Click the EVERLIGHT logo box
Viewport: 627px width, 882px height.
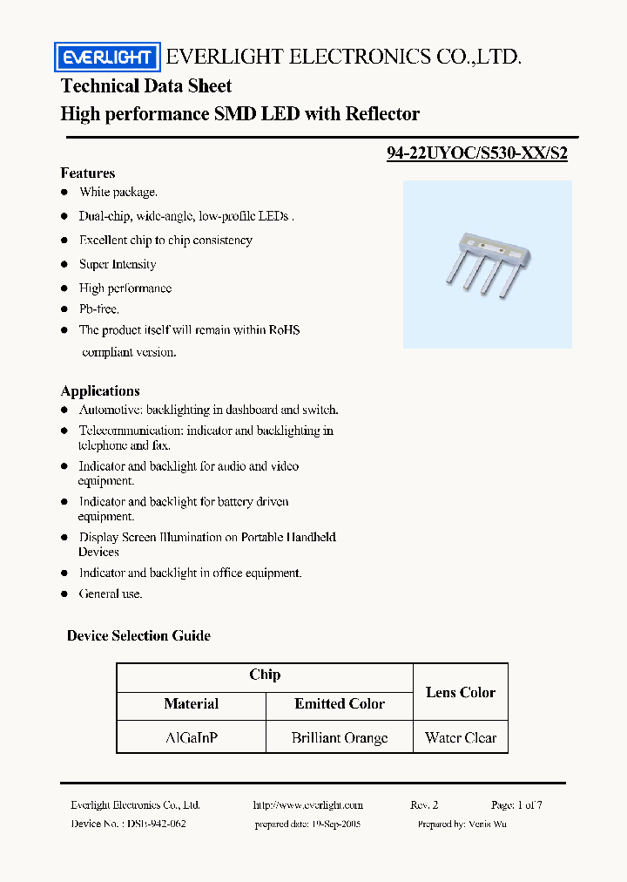107,58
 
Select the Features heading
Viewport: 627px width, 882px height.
87,173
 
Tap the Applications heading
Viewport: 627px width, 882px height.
99,390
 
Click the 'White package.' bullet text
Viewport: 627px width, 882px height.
118,192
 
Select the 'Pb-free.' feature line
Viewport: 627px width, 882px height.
99,309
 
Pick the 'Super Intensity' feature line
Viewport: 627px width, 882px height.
118,264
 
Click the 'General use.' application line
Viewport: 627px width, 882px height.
111,594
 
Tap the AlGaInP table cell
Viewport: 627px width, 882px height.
192,737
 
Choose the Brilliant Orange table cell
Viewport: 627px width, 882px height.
340,737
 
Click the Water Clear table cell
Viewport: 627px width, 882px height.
461,737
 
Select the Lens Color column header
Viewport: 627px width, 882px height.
461,692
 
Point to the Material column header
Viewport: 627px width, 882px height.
192,704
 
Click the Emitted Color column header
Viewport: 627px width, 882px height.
340,704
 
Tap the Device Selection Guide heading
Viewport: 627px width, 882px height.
138,635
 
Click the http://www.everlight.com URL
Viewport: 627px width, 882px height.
307,805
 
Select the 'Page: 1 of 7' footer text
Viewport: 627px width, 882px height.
516,805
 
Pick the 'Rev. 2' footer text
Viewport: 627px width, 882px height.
424,805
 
